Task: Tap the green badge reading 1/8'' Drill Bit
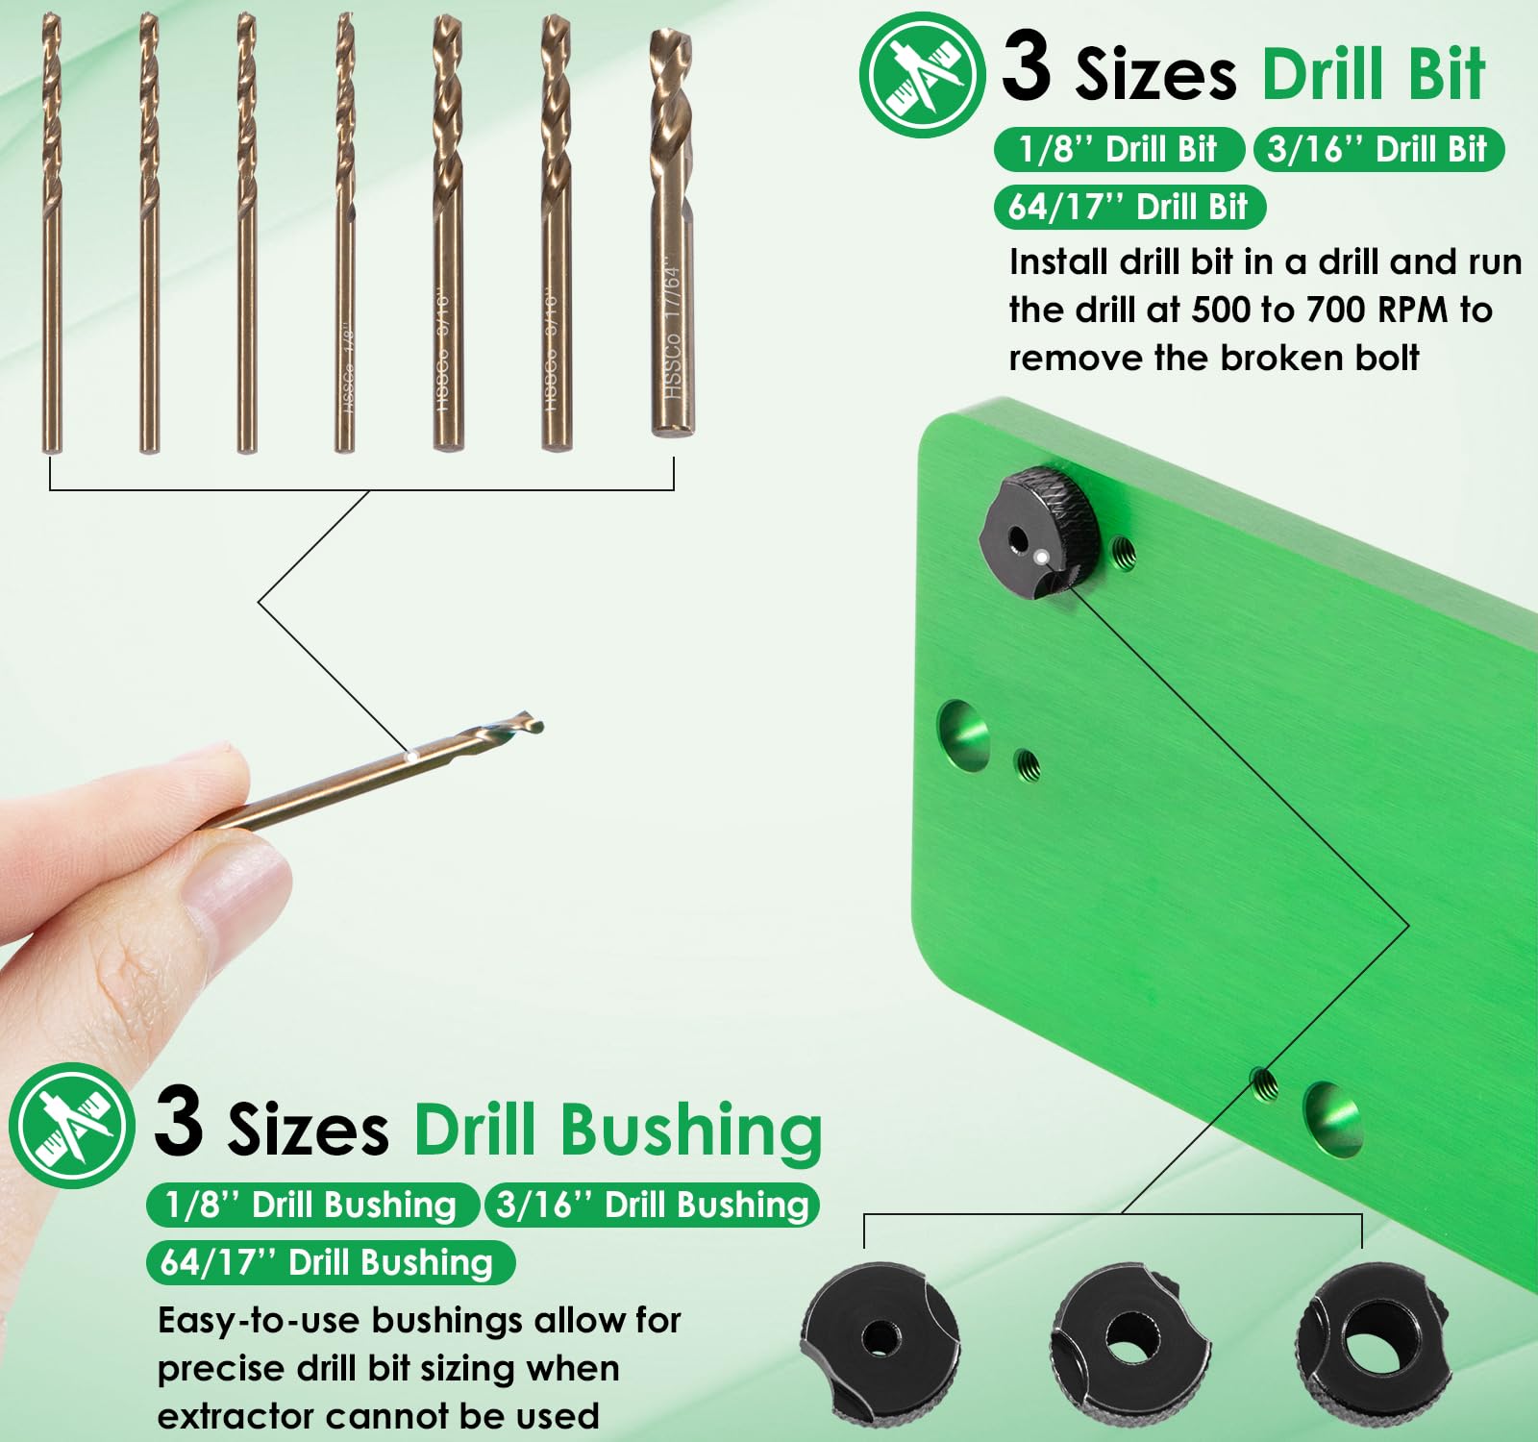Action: point(1118,149)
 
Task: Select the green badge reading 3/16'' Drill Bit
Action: point(1377,149)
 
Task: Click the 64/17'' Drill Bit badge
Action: point(1128,207)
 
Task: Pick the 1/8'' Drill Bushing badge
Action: point(311,1205)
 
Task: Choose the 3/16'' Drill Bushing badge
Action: point(652,1205)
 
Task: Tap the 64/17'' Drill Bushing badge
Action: point(328,1262)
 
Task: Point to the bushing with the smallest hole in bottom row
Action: point(880,1338)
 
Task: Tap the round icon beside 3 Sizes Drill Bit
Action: point(921,74)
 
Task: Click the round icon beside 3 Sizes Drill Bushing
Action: point(71,1125)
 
